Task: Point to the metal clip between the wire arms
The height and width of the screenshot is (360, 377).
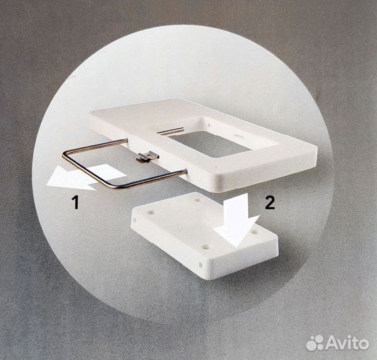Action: (x=147, y=156)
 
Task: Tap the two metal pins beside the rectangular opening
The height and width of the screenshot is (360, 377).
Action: (x=170, y=130)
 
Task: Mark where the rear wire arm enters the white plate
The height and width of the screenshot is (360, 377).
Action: (x=126, y=139)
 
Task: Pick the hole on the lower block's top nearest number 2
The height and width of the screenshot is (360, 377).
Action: (x=255, y=233)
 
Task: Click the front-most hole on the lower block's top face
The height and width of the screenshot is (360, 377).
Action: (x=205, y=247)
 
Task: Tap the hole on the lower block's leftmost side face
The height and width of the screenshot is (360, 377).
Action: (x=134, y=220)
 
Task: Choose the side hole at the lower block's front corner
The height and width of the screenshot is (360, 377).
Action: (x=200, y=265)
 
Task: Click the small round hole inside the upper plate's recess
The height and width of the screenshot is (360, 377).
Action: (x=209, y=125)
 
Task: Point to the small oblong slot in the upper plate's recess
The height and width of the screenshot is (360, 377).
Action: (x=238, y=137)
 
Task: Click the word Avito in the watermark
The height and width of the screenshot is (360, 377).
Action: (x=348, y=343)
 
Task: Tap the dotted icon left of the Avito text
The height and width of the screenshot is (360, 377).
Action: (x=316, y=343)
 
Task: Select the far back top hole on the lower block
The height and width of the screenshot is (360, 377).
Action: (x=199, y=199)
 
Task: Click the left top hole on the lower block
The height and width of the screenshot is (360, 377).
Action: (x=151, y=213)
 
